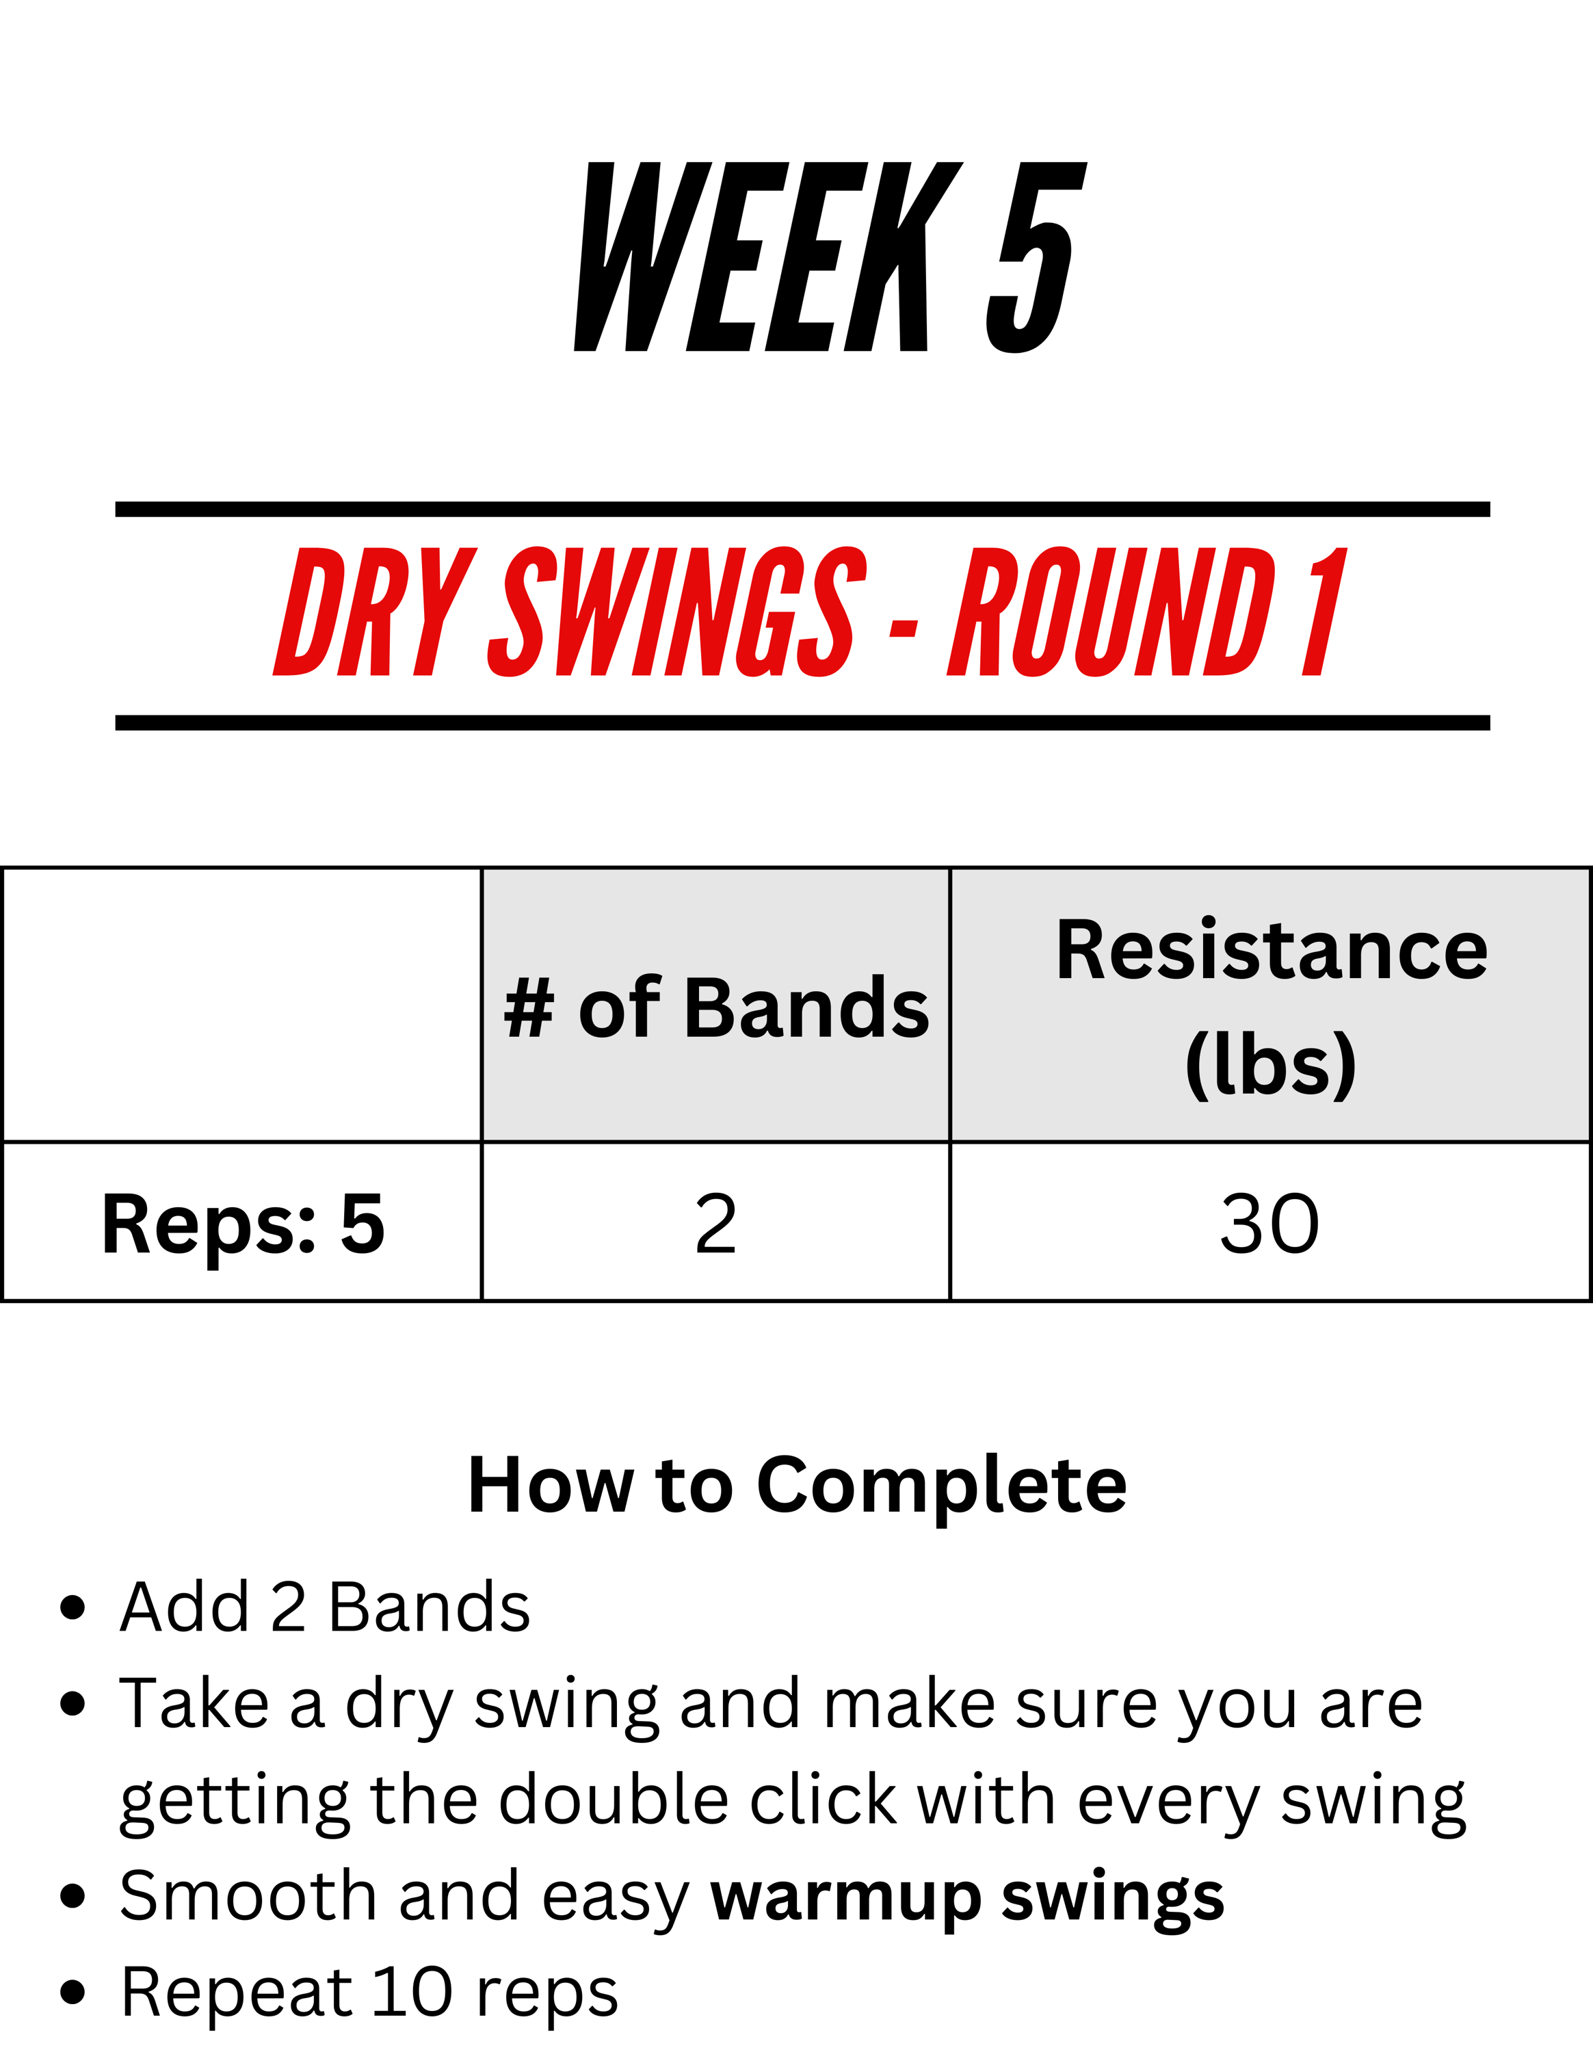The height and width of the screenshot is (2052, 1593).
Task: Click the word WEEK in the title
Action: point(768,257)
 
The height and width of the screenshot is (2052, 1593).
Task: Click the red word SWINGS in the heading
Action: point(676,611)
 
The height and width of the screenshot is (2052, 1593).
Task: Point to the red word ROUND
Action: point(1111,611)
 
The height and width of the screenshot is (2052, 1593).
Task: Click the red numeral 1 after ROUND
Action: point(1324,611)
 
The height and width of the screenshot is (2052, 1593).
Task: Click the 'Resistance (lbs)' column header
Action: point(1271,1006)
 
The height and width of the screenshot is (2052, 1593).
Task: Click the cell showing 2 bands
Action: point(715,1223)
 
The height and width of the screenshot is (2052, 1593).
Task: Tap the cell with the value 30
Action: point(1270,1223)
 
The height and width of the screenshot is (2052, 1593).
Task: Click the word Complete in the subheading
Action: point(941,1486)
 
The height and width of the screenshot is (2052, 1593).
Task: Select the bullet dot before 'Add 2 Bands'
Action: point(73,1607)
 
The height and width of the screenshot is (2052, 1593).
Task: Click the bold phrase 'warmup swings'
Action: point(967,1897)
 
